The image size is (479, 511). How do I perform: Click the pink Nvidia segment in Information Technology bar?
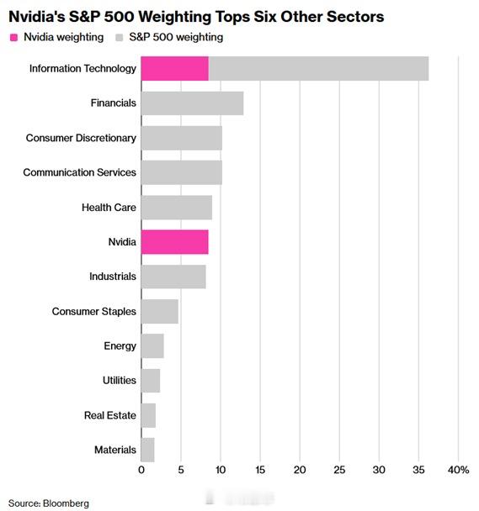tap(174, 69)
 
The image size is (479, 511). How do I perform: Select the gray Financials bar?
tap(192, 103)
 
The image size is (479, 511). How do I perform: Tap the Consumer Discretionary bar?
tap(181, 138)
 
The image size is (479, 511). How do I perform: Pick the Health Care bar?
tap(176, 207)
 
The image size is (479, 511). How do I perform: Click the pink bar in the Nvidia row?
tap(174, 242)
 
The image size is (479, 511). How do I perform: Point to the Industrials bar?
tap(173, 277)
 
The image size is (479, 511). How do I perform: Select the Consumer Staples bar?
tap(159, 311)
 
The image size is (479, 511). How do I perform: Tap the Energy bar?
tap(152, 346)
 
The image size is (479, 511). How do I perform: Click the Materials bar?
tap(147, 450)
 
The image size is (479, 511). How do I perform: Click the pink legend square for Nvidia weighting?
tap(13, 37)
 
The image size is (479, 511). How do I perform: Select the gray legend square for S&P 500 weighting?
tap(121, 37)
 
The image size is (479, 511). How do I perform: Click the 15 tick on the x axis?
tap(260, 469)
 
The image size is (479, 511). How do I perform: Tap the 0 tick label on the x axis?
tap(141, 469)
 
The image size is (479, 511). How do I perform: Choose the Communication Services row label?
tap(79, 172)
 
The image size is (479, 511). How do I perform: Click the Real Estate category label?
tap(109, 415)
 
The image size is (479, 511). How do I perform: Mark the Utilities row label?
tap(119, 381)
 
